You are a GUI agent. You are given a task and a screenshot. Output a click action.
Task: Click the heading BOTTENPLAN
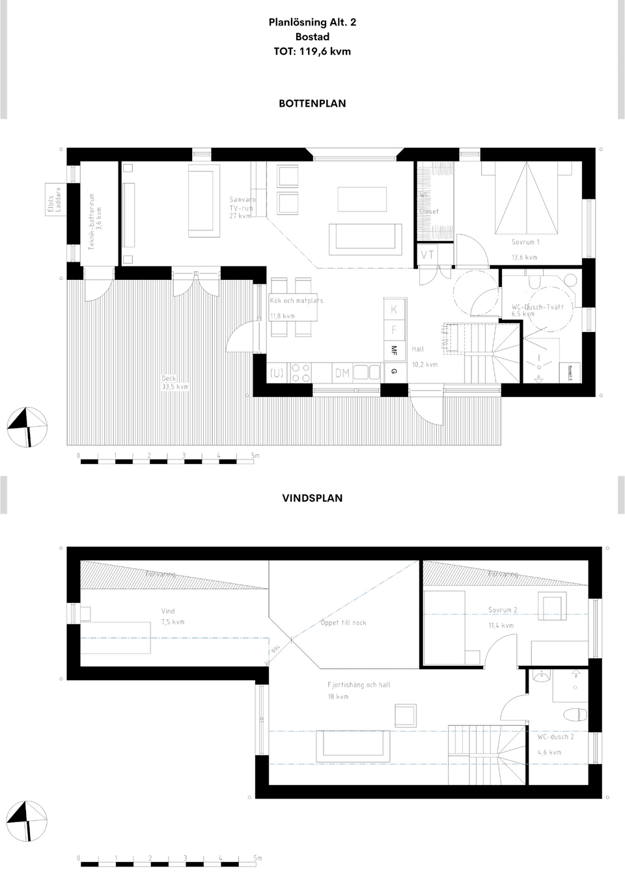(312, 104)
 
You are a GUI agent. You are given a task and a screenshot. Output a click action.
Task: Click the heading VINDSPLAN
(312, 498)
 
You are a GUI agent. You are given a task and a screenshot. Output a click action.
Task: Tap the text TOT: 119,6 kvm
(312, 51)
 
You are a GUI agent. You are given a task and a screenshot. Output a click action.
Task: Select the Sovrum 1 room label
(525, 242)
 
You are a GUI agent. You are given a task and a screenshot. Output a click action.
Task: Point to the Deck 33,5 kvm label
(174, 382)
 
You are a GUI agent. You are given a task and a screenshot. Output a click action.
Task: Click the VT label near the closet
(427, 255)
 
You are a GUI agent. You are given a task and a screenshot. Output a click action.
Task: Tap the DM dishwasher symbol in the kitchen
(342, 373)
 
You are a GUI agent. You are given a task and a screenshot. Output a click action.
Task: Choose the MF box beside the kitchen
(393, 350)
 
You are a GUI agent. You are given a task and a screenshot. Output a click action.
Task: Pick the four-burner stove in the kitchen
(301, 372)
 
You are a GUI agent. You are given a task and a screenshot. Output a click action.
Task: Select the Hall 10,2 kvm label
(424, 357)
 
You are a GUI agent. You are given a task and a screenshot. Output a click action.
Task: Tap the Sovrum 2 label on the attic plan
(503, 611)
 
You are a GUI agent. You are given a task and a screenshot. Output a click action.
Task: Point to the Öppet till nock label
(343, 623)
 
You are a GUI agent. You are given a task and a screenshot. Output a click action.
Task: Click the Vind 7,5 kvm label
(173, 616)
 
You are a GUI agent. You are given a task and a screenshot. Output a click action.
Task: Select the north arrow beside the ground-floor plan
(27, 427)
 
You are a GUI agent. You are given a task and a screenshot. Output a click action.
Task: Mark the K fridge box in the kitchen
(393, 310)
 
